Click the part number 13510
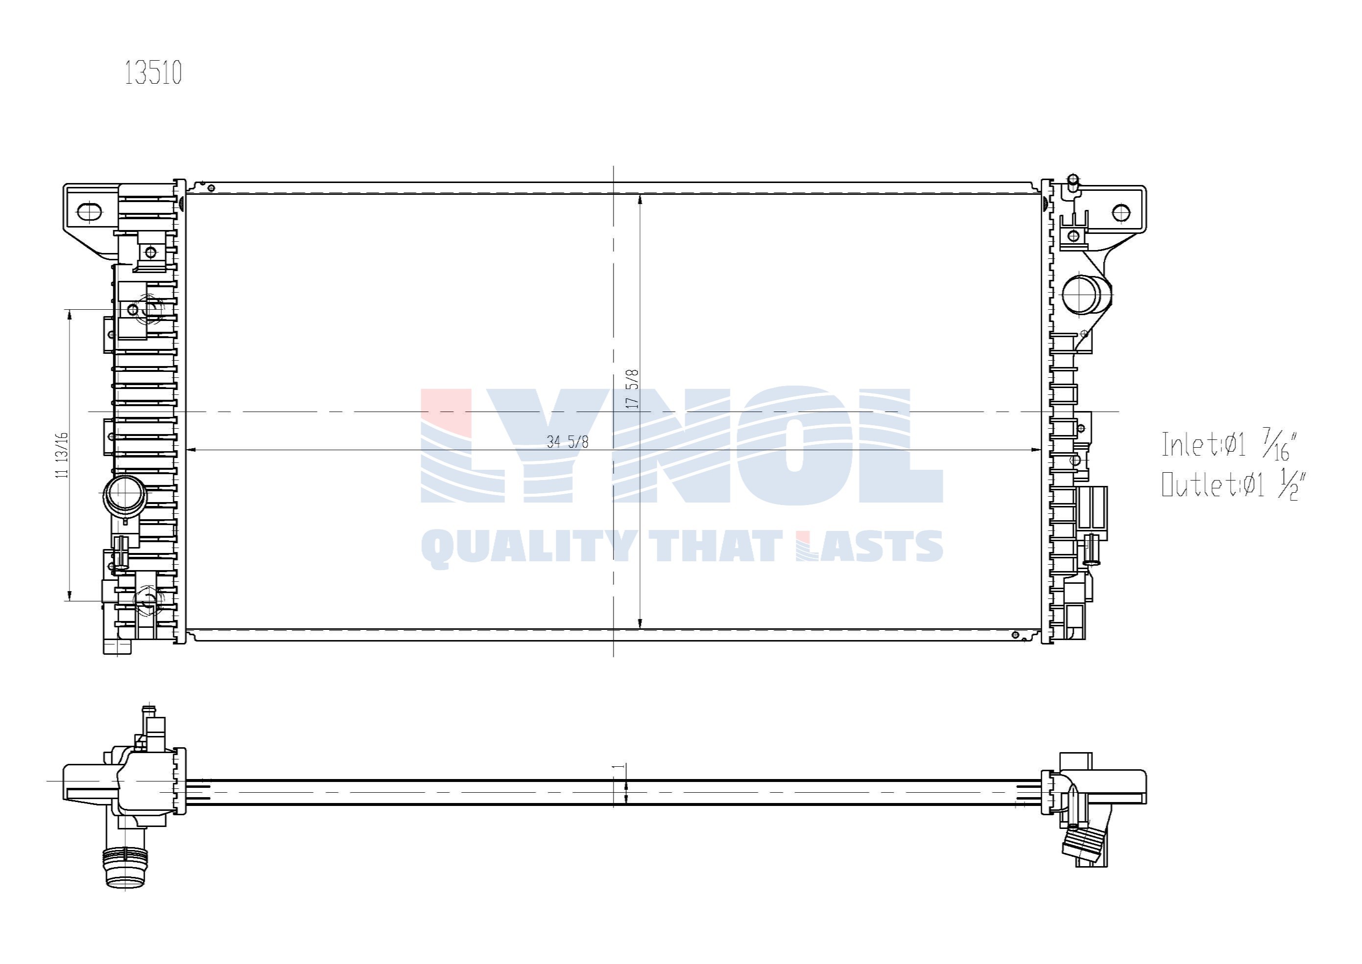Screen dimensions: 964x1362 [x=153, y=73]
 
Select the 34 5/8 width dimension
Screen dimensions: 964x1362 [x=568, y=442]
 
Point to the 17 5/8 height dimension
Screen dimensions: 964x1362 [x=633, y=389]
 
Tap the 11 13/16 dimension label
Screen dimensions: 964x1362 [x=62, y=455]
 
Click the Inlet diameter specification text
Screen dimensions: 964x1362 [x=1228, y=445]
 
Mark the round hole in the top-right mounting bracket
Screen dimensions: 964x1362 [x=1121, y=212]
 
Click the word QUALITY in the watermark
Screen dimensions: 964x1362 [x=526, y=547]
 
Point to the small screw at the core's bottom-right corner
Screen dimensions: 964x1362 [x=1015, y=635]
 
